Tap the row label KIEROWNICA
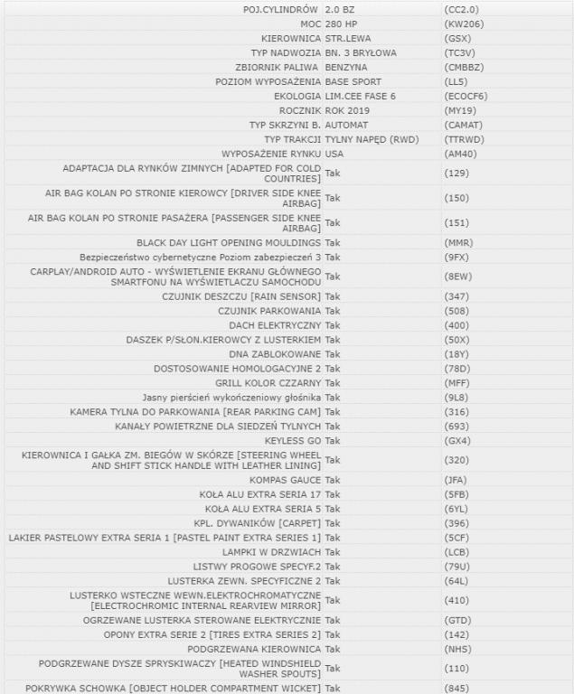[290, 38]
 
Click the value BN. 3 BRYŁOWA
[361, 52]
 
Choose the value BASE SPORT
[353, 81]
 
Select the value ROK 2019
[349, 110]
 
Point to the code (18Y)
[457, 354]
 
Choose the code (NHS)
[458, 648]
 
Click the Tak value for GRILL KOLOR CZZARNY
[332, 383]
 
